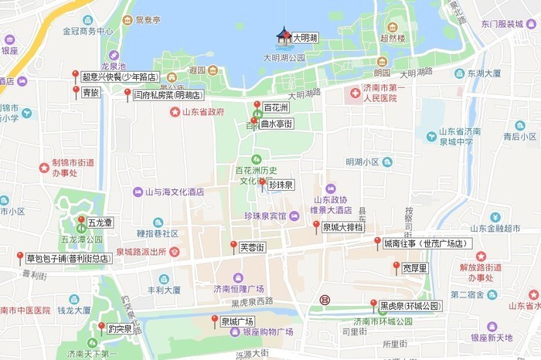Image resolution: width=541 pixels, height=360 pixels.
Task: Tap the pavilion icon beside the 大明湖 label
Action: point(284,36)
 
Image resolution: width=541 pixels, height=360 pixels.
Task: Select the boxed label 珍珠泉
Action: point(281,185)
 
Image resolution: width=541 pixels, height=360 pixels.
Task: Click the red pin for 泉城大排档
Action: point(316,225)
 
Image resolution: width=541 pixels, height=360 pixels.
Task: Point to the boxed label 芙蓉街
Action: point(252,248)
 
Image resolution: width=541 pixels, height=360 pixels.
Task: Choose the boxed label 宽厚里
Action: point(415,268)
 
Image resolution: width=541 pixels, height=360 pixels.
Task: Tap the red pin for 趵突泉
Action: point(101,328)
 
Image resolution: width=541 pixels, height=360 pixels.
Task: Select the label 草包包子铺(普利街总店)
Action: point(68,258)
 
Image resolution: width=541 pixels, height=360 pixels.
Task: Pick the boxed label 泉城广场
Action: point(237,321)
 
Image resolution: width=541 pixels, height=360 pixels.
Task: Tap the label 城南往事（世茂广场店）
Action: point(427,243)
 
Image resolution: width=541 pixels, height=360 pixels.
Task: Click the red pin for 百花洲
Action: point(257,105)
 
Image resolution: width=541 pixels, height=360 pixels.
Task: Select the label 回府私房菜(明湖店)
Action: point(168,96)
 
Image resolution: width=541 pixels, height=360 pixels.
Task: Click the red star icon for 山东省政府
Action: point(175,112)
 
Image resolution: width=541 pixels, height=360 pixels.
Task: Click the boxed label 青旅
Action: point(90,93)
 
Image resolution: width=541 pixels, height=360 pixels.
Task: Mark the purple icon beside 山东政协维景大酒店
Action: point(331,188)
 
